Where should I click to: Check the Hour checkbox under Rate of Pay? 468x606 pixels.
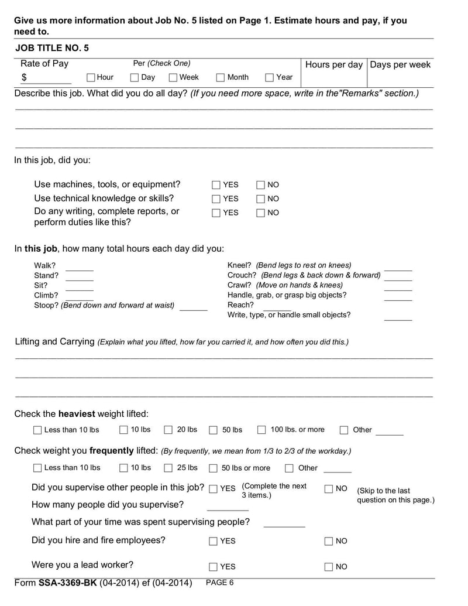pyautogui.click(x=91, y=77)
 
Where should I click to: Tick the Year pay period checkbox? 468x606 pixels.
pyautogui.click(x=270, y=77)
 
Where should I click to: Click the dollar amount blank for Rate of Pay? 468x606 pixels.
pyautogui.click(x=50, y=78)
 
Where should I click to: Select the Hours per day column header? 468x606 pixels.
pyautogui.click(x=333, y=64)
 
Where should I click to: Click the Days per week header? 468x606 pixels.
pyautogui.click(x=400, y=64)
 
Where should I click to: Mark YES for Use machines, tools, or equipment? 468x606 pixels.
pyautogui.click(x=216, y=185)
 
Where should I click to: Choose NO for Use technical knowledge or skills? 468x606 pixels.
pyautogui.click(x=261, y=199)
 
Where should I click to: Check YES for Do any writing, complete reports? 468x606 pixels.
pyautogui.click(x=216, y=213)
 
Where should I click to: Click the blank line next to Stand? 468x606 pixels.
pyautogui.click(x=79, y=276)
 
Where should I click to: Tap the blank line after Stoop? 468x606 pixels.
pyautogui.click(x=193, y=306)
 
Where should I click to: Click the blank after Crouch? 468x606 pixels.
pyautogui.click(x=398, y=276)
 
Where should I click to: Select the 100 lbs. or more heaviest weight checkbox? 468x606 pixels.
pyautogui.click(x=261, y=430)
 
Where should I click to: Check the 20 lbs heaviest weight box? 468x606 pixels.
pyautogui.click(x=168, y=430)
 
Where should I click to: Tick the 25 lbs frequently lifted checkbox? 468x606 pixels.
pyautogui.click(x=168, y=468)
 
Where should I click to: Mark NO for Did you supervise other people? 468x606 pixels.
pyautogui.click(x=329, y=489)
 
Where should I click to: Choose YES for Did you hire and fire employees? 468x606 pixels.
pyautogui.click(x=213, y=542)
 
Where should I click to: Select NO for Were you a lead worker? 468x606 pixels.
pyautogui.click(x=329, y=567)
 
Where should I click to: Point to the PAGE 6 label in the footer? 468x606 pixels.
pyautogui.click(x=220, y=583)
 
